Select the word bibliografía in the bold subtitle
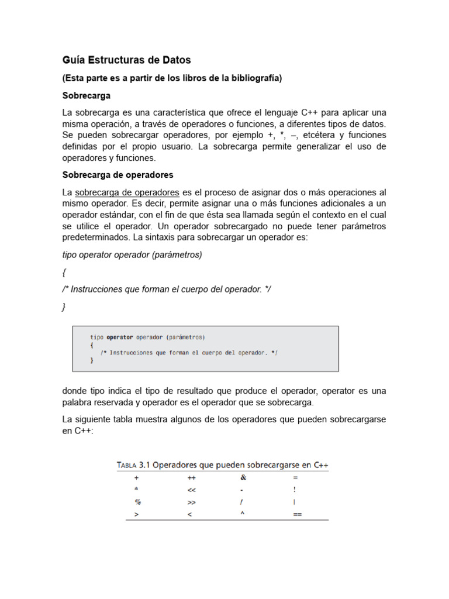254,78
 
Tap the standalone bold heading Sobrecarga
87,95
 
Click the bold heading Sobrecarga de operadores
118,175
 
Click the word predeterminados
96,237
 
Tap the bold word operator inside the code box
119,337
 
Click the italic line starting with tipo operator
132,255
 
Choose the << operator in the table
191,490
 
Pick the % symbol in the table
138,502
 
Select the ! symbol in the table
295,490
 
